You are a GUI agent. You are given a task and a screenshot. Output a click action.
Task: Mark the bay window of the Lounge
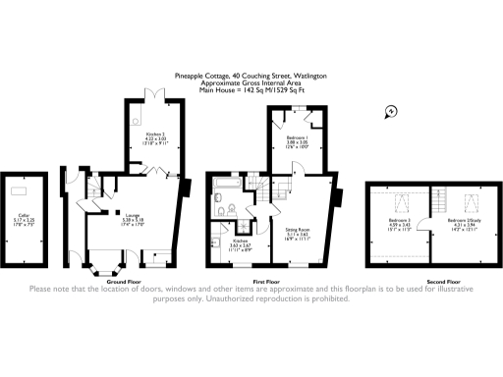pyautogui.click(x=104, y=264)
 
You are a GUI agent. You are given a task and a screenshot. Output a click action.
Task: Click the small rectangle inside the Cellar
pyautogui.click(x=20, y=190)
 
